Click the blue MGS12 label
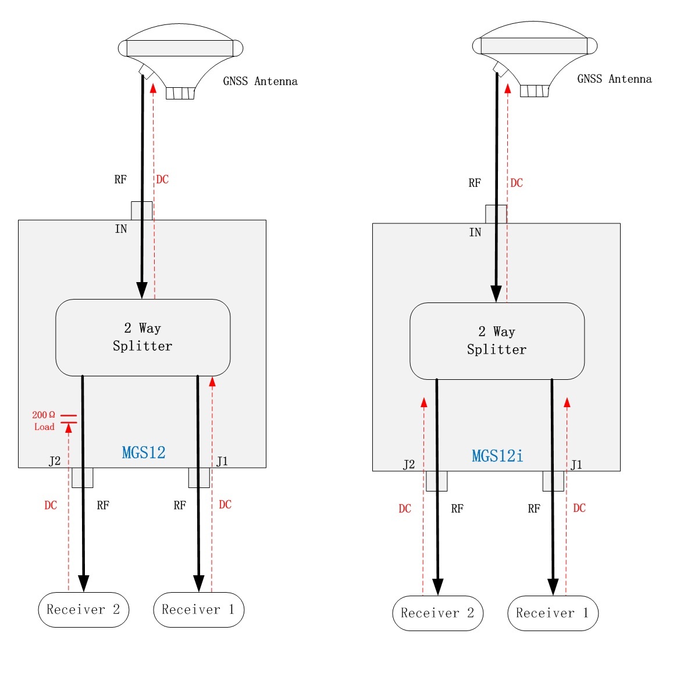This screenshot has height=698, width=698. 144,453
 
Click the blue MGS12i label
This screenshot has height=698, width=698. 497,456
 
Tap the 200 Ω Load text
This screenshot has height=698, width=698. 44,421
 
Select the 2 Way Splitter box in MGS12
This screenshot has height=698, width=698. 143,337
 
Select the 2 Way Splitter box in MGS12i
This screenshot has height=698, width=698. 497,341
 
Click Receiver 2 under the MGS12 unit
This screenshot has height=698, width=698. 83,610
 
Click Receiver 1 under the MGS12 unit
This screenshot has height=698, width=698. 198,610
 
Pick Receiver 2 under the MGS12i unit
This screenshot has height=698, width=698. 437,613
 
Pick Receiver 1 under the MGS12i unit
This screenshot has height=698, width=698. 553,613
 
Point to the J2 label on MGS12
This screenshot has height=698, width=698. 55,461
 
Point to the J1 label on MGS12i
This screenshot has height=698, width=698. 576,465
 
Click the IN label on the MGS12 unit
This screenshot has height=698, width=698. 121,229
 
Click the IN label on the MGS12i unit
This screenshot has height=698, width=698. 475,233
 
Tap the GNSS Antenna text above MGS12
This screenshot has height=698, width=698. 260,81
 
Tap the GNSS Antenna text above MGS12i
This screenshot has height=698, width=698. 614,79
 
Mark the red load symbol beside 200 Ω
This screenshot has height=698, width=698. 69,419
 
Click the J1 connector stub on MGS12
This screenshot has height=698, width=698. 199,478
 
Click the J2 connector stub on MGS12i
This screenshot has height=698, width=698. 437,481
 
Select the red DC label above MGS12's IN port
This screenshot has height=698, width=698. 162,180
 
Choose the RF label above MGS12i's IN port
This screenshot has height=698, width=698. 475,183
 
